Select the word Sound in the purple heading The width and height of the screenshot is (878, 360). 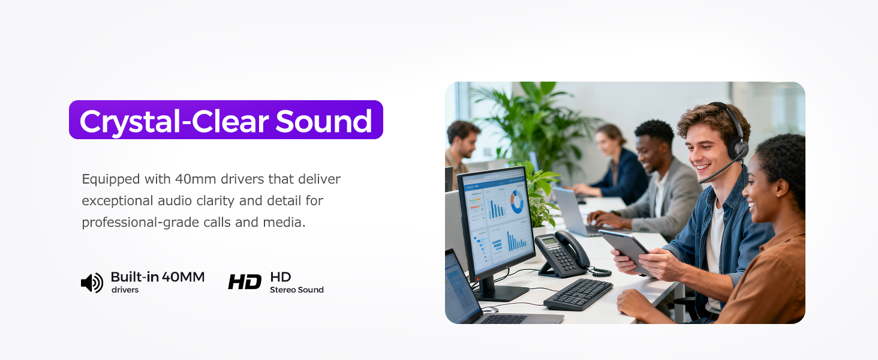pyautogui.click(x=324, y=121)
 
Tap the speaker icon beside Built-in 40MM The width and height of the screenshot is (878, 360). pyautogui.click(x=92, y=283)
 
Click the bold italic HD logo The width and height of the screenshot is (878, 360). pyautogui.click(x=245, y=282)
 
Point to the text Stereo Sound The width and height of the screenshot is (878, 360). pyautogui.click(x=296, y=290)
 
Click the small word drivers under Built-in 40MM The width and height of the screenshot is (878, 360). pyautogui.click(x=125, y=290)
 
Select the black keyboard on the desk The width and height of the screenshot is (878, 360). pyautogui.click(x=578, y=294)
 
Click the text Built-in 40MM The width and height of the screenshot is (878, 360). pyautogui.click(x=158, y=277)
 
